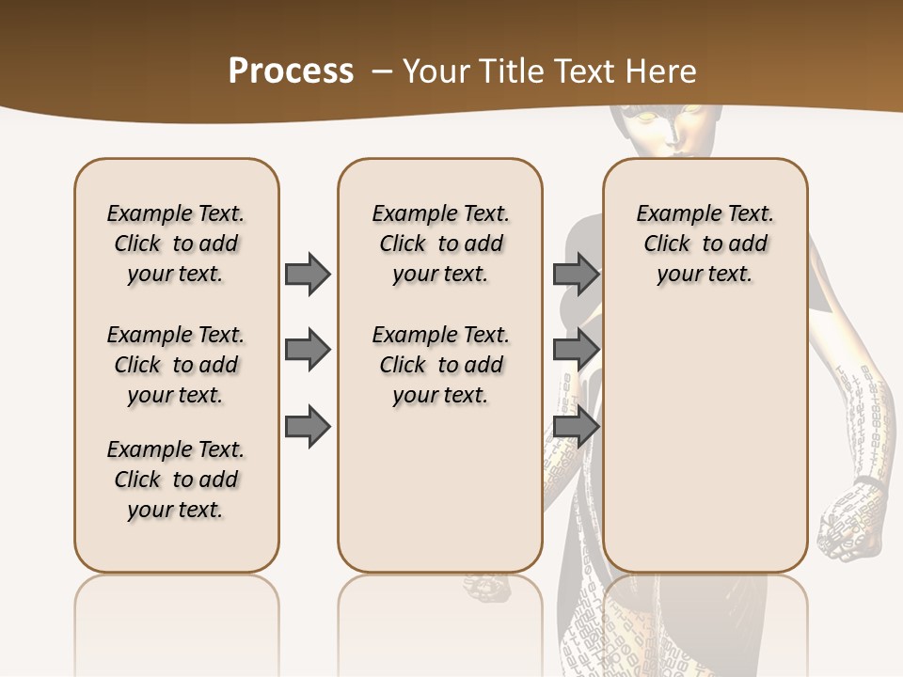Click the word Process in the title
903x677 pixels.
291,71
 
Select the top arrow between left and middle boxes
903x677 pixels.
308,274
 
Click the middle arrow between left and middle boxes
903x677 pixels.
308,350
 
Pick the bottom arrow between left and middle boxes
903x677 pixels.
308,426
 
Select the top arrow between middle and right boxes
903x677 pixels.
576,274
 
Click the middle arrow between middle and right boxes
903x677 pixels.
576,350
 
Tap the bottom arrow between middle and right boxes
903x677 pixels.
576,426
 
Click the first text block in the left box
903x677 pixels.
176,244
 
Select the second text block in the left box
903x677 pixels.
176,365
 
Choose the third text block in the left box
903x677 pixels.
176,480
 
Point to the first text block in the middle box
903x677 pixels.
440,244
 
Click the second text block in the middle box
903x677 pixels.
440,365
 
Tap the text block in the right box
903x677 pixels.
705,244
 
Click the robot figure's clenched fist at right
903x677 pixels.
851,517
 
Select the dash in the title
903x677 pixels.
382,71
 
